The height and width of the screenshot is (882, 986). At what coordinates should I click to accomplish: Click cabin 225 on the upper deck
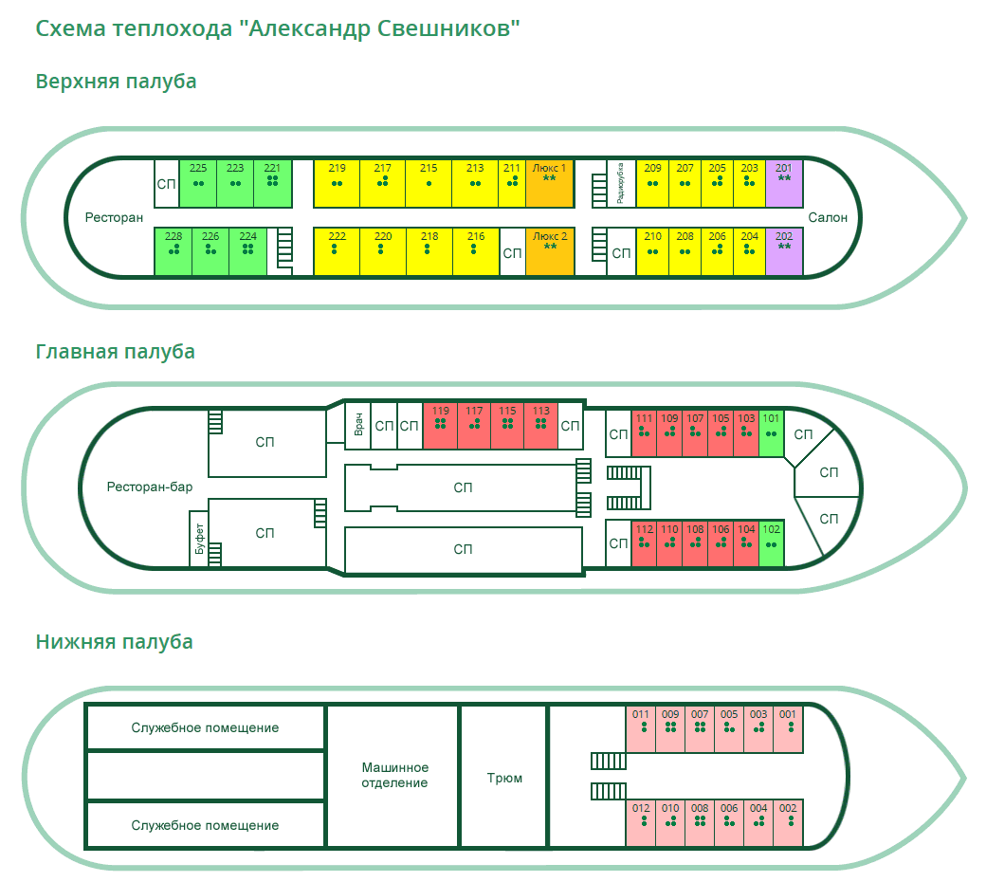click(x=198, y=183)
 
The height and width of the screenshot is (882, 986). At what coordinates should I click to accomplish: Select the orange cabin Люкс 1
click(x=550, y=183)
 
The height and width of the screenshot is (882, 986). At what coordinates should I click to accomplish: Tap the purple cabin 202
click(x=784, y=251)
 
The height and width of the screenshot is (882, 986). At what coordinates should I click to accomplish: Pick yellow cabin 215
click(x=429, y=183)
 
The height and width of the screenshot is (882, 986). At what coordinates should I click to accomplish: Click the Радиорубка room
click(x=620, y=183)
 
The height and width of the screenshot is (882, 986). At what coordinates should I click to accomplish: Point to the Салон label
click(x=828, y=218)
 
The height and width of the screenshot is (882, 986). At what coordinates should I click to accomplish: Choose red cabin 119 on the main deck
click(x=440, y=426)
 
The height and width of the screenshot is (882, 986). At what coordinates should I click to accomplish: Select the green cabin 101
click(x=772, y=432)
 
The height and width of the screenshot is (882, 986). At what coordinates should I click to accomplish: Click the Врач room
click(x=358, y=425)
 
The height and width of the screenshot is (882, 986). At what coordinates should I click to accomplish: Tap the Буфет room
click(x=199, y=541)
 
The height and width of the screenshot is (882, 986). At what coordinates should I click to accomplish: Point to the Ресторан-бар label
click(x=150, y=487)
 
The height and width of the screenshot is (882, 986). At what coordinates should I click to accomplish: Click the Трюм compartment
click(x=504, y=778)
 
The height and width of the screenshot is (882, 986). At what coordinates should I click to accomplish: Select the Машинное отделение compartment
click(x=395, y=775)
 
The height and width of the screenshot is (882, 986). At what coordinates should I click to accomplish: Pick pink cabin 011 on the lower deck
click(x=642, y=728)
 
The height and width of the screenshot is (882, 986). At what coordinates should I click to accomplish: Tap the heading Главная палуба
click(x=116, y=352)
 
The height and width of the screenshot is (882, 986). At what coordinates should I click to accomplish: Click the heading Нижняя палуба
click(x=115, y=642)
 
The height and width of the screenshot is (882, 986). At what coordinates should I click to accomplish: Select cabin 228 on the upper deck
click(x=173, y=251)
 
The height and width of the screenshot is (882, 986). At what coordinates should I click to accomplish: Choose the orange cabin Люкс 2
click(x=550, y=251)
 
